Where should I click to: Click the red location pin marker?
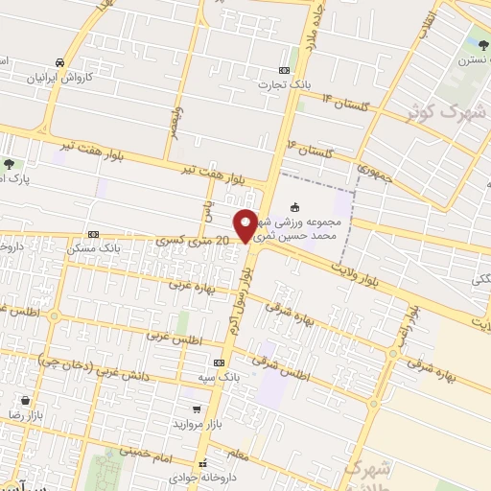click(246, 224)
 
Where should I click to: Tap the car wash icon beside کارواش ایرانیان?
click(60, 60)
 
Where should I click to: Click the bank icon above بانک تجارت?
click(284, 70)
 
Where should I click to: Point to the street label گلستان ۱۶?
click(306, 148)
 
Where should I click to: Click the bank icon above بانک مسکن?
click(93, 234)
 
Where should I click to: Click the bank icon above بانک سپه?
click(220, 363)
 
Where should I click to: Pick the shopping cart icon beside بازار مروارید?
click(197, 409)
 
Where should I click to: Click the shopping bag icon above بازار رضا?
click(36, 399)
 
